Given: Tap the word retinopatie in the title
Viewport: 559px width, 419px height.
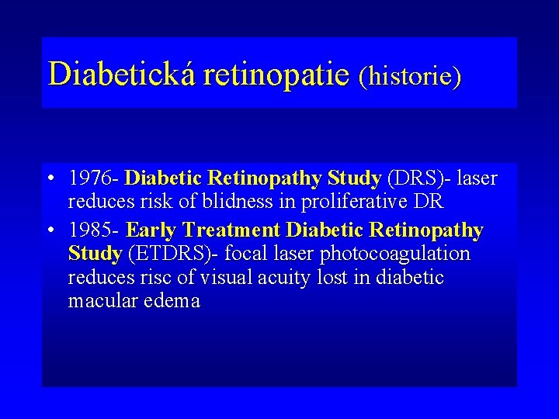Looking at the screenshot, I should click(x=276, y=74).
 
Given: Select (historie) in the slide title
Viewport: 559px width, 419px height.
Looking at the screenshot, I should click(x=410, y=76).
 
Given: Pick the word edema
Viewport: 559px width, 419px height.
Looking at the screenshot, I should click(x=171, y=300).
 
